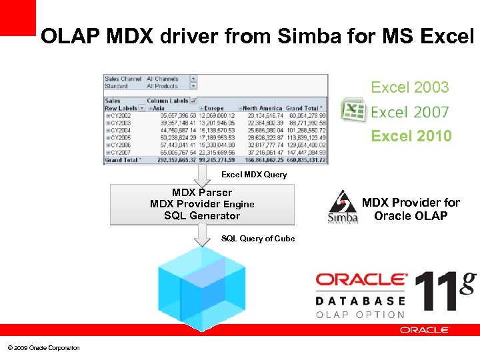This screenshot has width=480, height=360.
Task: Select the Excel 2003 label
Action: coord(409,87)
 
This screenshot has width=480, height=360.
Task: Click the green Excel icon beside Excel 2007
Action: coord(353,110)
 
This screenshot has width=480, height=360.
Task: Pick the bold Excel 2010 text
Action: coord(411,136)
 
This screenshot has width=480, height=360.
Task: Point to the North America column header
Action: coord(261,108)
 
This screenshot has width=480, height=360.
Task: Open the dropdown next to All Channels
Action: coord(193,79)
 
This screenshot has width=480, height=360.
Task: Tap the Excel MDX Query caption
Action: coord(254,175)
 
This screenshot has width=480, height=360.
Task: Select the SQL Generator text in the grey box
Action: coord(201,216)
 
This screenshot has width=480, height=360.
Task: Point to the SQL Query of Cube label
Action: coord(258,239)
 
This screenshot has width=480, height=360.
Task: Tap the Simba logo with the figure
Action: coord(343,207)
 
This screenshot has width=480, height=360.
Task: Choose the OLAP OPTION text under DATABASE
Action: coord(360,315)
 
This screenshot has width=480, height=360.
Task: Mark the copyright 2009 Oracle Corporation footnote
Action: coord(43,347)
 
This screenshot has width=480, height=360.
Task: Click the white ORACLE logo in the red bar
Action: coord(425,330)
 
